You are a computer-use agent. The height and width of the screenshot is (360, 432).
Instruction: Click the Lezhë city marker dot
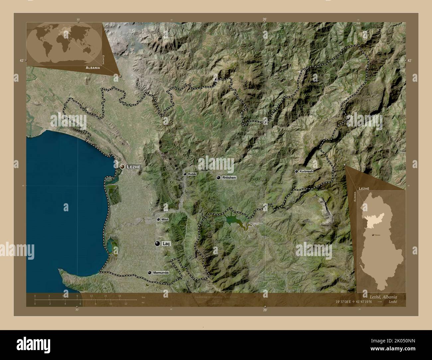point(122,166)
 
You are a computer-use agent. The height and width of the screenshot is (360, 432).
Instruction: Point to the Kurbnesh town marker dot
point(296,171)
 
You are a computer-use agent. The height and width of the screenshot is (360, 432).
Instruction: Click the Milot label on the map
point(165,220)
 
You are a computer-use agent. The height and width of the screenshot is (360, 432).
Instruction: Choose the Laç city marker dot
point(157,243)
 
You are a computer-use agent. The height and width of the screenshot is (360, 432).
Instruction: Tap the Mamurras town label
point(161,273)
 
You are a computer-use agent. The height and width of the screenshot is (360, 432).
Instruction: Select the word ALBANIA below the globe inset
point(93,67)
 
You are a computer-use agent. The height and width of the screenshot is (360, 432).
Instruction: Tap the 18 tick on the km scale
point(120,296)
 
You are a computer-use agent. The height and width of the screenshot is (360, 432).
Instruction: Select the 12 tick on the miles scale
point(126,304)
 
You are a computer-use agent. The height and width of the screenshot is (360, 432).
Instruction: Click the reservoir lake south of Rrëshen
point(233,220)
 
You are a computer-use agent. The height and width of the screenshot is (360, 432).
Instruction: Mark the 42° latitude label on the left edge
point(22,60)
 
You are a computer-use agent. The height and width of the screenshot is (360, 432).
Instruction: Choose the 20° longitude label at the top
point(264,20)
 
